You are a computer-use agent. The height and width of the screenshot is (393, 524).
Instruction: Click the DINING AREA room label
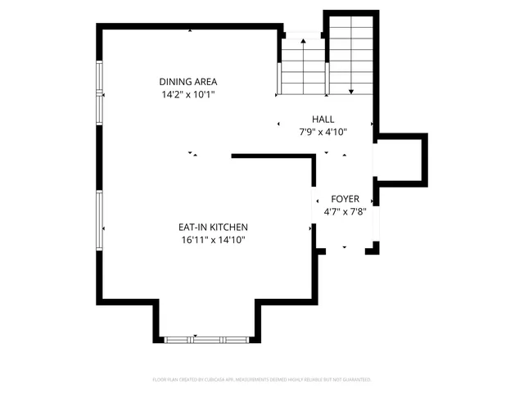tap(188, 82)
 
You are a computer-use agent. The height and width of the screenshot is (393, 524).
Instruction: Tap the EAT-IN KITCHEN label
tap(213, 227)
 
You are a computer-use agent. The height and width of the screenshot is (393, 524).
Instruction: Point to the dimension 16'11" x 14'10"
tap(213, 240)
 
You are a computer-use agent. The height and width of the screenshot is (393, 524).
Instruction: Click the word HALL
tap(323, 119)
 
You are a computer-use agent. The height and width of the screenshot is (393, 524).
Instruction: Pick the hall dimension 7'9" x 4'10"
tap(323, 132)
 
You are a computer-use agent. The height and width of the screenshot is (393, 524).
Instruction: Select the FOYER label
tap(345, 199)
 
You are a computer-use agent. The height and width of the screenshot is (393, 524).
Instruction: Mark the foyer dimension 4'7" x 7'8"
tap(345, 211)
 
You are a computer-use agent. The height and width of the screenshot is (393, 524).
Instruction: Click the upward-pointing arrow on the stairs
tap(304, 40)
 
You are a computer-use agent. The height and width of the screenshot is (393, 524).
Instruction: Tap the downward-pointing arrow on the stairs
tap(350, 90)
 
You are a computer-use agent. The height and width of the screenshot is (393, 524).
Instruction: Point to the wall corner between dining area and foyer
tap(315, 156)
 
